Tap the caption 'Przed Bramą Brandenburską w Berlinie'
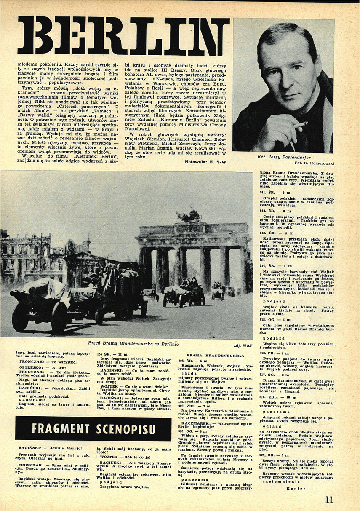[x=129, y=344]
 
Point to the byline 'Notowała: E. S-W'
[x=206, y=161]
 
